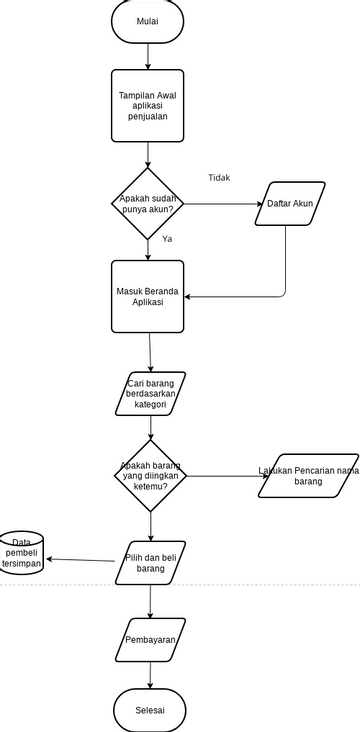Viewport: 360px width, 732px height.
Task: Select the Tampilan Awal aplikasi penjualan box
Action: click(x=148, y=105)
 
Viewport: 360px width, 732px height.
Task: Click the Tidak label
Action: click(x=219, y=178)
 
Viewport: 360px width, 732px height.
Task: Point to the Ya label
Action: click(x=167, y=240)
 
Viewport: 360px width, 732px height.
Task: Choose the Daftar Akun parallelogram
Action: click(x=290, y=204)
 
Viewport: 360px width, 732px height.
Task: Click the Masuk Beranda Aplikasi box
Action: click(x=148, y=297)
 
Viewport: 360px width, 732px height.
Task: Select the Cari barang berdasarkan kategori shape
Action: click(x=151, y=394)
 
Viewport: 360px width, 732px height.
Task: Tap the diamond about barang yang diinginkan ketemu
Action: click(x=150, y=476)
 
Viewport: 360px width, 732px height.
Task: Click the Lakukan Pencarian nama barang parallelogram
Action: click(x=308, y=476)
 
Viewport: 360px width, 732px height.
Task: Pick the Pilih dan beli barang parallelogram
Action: click(x=150, y=562)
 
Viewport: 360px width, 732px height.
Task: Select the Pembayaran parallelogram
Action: click(x=151, y=640)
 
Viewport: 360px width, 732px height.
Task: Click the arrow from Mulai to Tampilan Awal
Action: click(x=148, y=56)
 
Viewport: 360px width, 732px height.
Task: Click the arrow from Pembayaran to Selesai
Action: click(x=151, y=677)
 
